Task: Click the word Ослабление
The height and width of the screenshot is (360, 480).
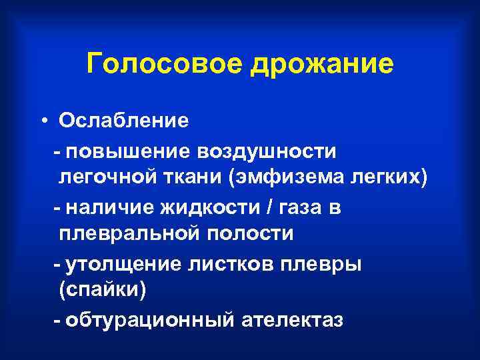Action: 123,121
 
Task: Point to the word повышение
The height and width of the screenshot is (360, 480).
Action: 126,151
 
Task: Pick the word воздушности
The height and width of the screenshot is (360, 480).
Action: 266,151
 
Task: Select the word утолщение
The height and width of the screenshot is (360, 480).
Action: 127,265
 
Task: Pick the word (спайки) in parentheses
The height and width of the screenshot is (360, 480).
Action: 102,292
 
